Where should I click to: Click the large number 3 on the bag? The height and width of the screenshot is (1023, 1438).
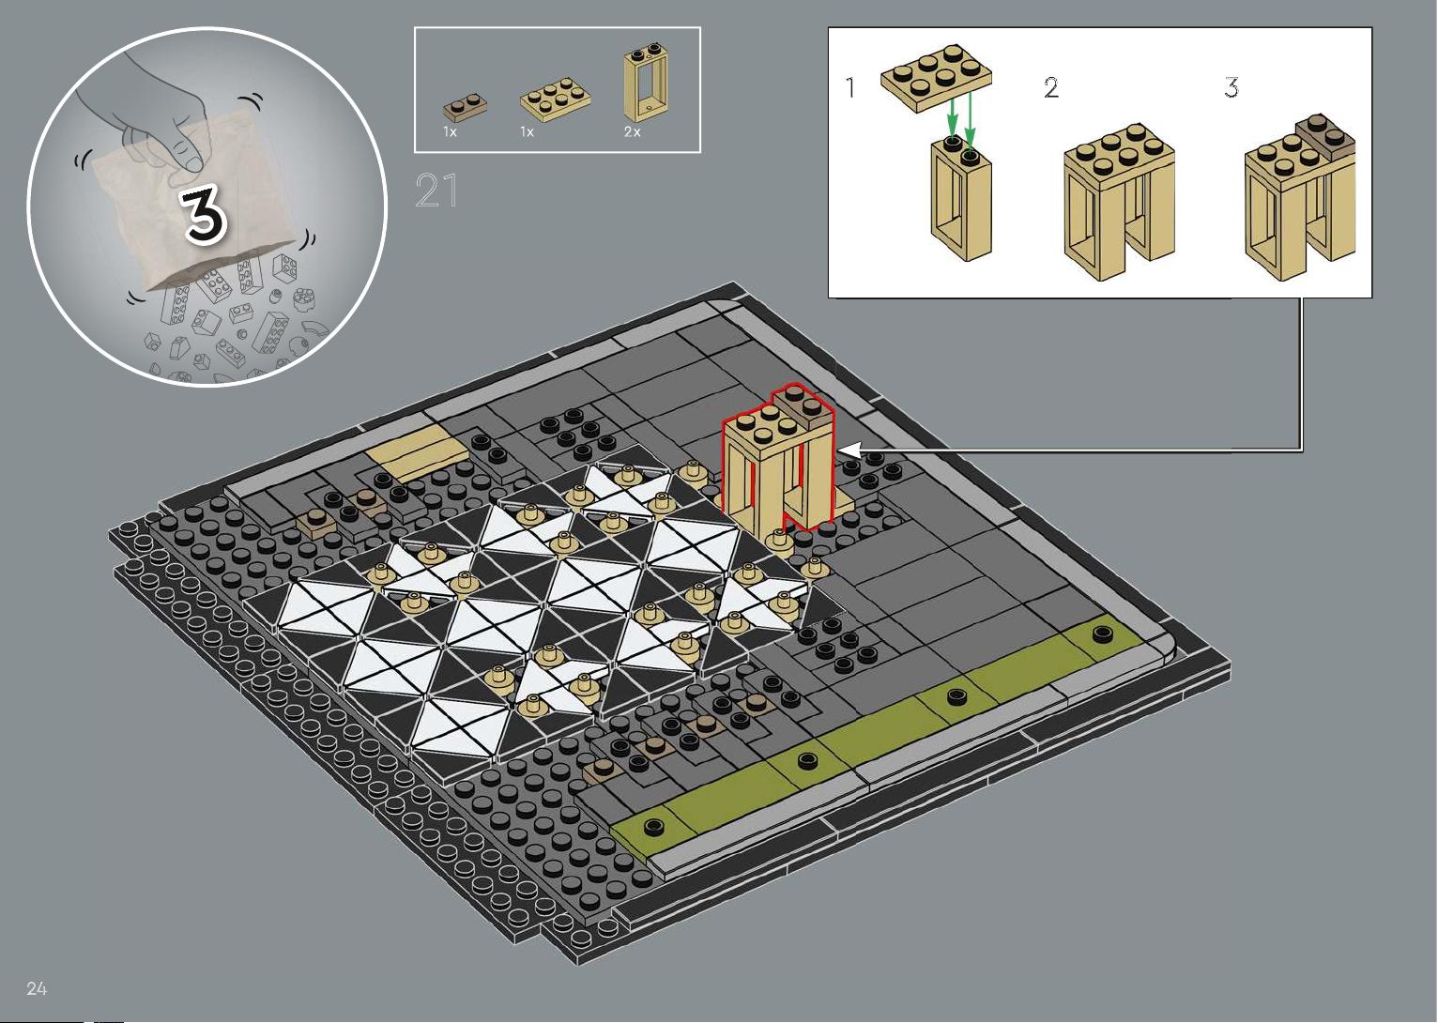pos(204,217)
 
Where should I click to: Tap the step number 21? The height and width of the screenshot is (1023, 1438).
pos(436,191)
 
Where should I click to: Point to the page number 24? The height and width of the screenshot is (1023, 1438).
pos(37,988)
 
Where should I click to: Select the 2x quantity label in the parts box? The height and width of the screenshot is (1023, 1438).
pos(633,131)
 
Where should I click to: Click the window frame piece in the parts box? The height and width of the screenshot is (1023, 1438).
pos(645,82)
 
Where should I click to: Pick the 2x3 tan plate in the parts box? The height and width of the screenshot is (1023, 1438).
pos(556,100)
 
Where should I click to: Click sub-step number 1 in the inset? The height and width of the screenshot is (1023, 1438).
pos(850,87)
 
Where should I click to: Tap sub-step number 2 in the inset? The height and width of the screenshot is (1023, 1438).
pos(1051,87)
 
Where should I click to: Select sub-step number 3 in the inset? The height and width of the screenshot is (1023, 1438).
pos(1231,87)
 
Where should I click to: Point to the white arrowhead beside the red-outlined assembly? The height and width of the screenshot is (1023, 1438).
pos(849,450)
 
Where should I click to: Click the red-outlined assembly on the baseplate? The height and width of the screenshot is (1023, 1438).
pos(778,462)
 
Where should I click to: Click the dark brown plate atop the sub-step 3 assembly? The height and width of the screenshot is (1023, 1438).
pos(1326,138)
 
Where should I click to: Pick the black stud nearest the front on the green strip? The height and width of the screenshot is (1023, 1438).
pos(653,825)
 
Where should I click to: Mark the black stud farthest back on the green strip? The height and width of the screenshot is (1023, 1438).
pos(1103,634)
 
